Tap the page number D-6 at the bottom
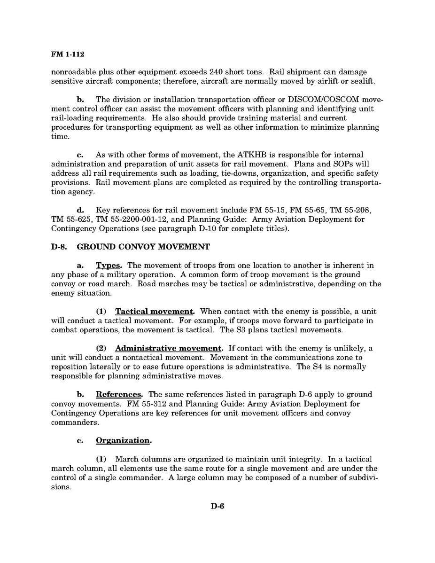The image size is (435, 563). (x=217, y=506)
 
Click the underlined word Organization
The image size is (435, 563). (x=123, y=440)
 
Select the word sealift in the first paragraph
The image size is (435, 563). (x=354, y=81)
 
